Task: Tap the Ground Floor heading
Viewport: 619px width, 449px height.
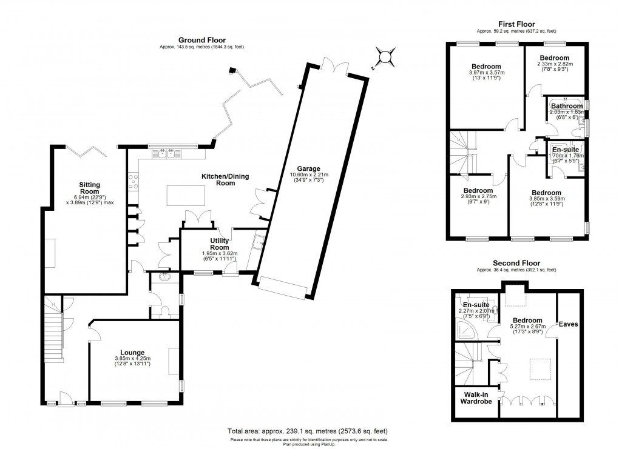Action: [x=202, y=40]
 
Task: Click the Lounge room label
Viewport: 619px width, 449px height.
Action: [x=132, y=352]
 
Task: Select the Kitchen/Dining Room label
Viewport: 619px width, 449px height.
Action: [x=226, y=179]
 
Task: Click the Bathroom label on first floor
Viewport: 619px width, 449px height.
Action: [x=566, y=106]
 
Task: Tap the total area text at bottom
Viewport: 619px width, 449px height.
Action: [x=309, y=431]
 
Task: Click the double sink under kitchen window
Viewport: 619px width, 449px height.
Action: [x=168, y=155]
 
